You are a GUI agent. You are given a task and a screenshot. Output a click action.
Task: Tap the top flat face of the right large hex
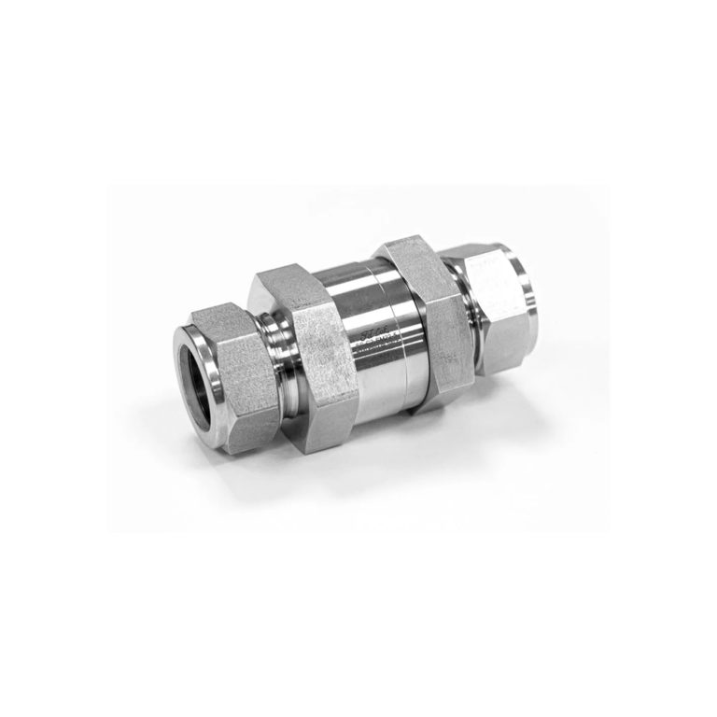pyautogui.click(x=411, y=250)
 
